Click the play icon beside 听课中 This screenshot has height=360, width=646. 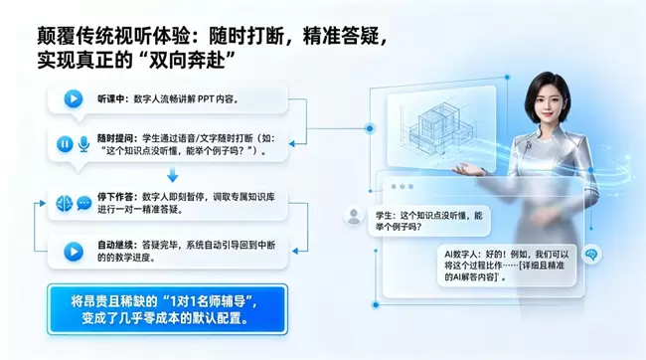pyautogui.click(x=74, y=99)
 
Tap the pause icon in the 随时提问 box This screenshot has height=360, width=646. pyautogui.click(x=65, y=144)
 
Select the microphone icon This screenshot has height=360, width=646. pyautogui.click(x=84, y=144)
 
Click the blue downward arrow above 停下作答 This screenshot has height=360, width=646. pyautogui.click(x=173, y=175)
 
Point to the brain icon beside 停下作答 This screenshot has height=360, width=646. pyautogui.click(x=65, y=203)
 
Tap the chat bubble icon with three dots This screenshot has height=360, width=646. pyautogui.click(x=84, y=203)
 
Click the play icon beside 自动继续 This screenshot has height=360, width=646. pyautogui.click(x=74, y=252)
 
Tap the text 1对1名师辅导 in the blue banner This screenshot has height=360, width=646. pyautogui.click(x=209, y=301)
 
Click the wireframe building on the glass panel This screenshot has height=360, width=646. pyautogui.click(x=438, y=125)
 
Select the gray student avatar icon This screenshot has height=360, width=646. pyautogui.click(x=354, y=216)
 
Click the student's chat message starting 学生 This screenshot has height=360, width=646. pyautogui.click(x=429, y=221)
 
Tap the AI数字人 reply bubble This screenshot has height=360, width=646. pyautogui.click(x=507, y=266)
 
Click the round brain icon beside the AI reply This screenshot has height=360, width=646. pyautogui.click(x=591, y=254)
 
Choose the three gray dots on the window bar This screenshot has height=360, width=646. pyautogui.click(x=403, y=187)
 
